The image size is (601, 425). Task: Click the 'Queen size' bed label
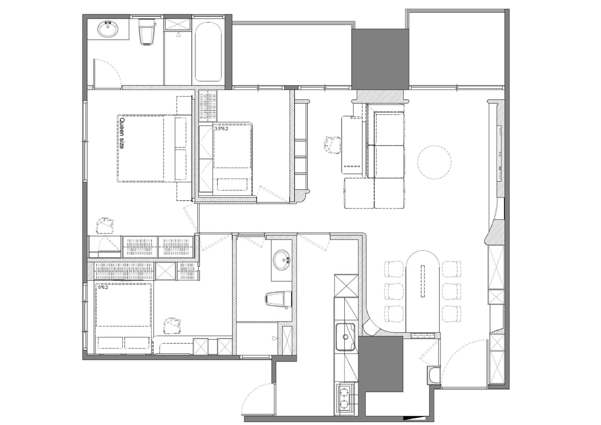click(122, 133)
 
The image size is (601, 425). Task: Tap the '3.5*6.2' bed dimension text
click(221, 129)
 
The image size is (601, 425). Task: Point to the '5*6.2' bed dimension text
click(103, 287)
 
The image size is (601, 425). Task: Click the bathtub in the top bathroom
click(208, 52)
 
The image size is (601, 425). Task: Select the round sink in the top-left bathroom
click(108, 29)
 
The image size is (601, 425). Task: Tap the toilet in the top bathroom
click(147, 31)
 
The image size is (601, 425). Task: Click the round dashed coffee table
click(434, 162)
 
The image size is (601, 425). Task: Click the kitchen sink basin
click(346, 337)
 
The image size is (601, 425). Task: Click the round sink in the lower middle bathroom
click(281, 260)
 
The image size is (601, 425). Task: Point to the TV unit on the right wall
click(500, 154)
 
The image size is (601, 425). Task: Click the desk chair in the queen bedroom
click(105, 225)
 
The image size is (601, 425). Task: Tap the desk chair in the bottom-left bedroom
click(172, 325)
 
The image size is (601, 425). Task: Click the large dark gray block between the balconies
click(380, 59)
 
